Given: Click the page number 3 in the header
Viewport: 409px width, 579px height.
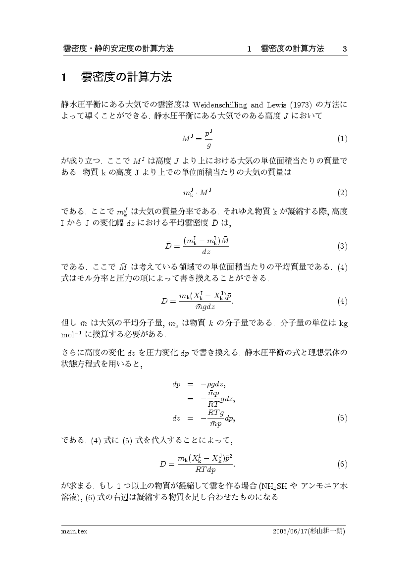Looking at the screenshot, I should pos(345,49).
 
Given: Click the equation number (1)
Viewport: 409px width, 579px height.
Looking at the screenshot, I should pos(342,139).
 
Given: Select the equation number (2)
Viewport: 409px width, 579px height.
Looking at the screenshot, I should pos(342,192).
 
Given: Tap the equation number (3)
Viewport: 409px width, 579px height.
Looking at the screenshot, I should pos(342,246).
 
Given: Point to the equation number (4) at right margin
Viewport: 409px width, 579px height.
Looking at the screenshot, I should pos(342,301).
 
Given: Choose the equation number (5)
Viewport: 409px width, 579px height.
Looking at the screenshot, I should pos(342,418).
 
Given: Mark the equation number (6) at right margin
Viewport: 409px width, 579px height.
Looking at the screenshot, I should pos(342,464).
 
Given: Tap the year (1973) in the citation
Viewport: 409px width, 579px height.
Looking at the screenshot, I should pos(301,105).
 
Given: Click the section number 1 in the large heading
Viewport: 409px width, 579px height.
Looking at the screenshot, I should pos(64,78).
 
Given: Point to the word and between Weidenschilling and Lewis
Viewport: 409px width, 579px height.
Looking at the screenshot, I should pos(256,105).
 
